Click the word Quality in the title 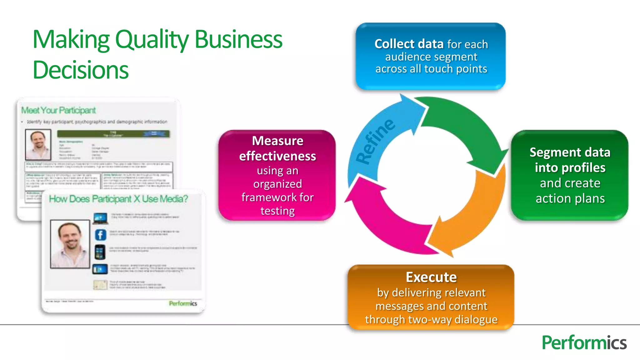click(152, 40)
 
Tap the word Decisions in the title click(81, 70)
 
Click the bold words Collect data click(409, 44)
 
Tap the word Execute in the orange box click(431, 277)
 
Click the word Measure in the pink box click(277, 141)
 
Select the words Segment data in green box click(570, 152)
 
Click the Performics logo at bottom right click(584, 343)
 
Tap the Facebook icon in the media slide click(100, 235)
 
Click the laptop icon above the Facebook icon click(100, 218)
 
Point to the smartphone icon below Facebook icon click(100, 252)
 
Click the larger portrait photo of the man click(70, 244)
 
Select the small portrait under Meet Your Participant click(38, 145)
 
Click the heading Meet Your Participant click(58, 110)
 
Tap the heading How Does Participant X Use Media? click(118, 199)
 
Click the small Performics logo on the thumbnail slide click(183, 303)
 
